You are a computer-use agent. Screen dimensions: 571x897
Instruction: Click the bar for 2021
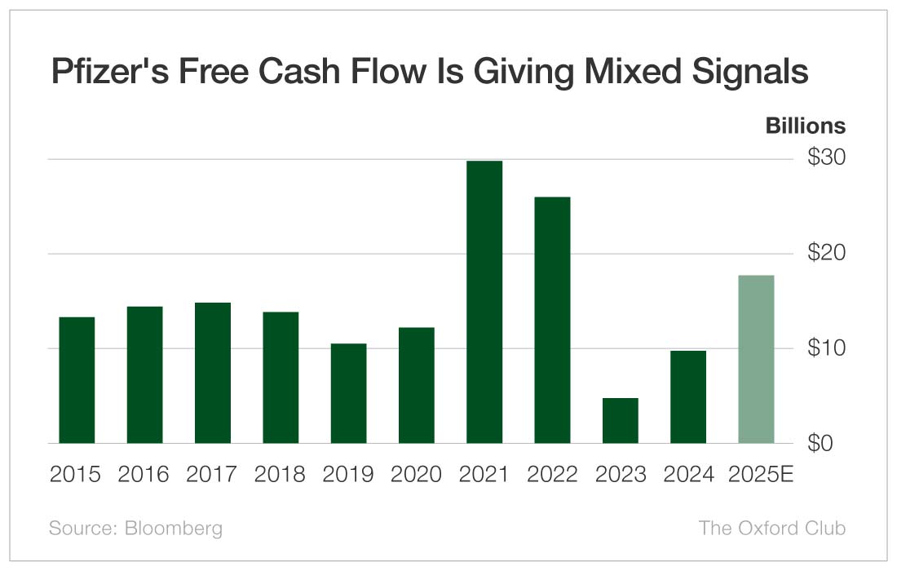coord(484,302)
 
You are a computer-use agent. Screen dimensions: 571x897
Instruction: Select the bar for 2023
coord(621,421)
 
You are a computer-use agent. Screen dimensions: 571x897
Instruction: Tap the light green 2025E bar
coord(756,359)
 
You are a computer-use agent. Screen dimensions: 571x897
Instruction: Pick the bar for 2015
coord(77,380)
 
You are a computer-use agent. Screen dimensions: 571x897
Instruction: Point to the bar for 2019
coord(348,393)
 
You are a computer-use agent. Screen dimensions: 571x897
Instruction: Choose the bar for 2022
coord(552,320)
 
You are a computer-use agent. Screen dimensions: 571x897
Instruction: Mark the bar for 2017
coord(213,373)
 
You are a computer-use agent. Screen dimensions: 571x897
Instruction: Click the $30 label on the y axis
coord(826,158)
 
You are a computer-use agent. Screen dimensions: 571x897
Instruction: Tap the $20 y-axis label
coord(826,253)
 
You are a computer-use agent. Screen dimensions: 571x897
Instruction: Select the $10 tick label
coord(826,348)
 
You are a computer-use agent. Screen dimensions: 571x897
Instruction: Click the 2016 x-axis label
coord(144,475)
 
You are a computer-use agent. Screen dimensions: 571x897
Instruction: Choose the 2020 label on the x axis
coord(416,475)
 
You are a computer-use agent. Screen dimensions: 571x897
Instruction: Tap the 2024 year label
coord(688,475)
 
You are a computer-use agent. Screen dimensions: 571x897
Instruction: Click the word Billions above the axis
coord(805,126)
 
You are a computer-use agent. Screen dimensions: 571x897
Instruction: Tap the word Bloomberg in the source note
coord(174,528)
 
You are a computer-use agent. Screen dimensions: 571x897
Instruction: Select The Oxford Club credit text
coord(772,528)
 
